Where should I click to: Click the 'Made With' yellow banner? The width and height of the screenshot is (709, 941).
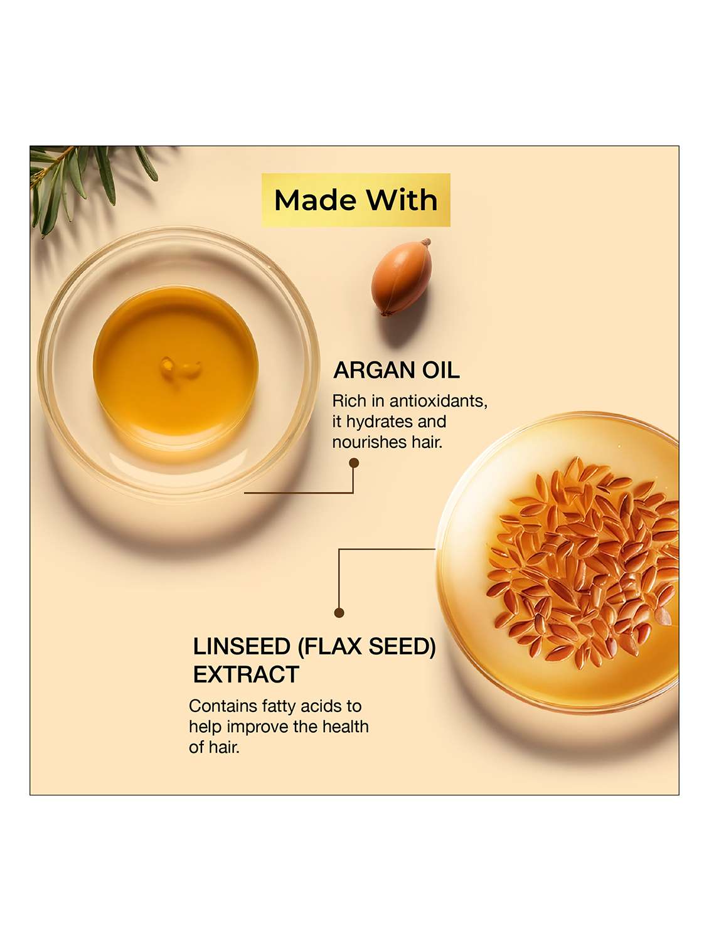356,200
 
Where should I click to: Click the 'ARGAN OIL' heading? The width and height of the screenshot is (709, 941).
396,370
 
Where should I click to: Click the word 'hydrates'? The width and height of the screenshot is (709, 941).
379,422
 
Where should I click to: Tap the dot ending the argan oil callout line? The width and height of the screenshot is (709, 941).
354,463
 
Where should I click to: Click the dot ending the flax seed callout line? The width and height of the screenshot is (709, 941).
339,613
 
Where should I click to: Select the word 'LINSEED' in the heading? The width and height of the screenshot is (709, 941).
242,646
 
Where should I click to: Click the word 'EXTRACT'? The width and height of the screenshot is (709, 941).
246,674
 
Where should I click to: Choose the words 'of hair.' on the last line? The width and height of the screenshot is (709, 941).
214,747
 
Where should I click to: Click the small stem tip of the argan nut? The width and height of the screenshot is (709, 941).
427,242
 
